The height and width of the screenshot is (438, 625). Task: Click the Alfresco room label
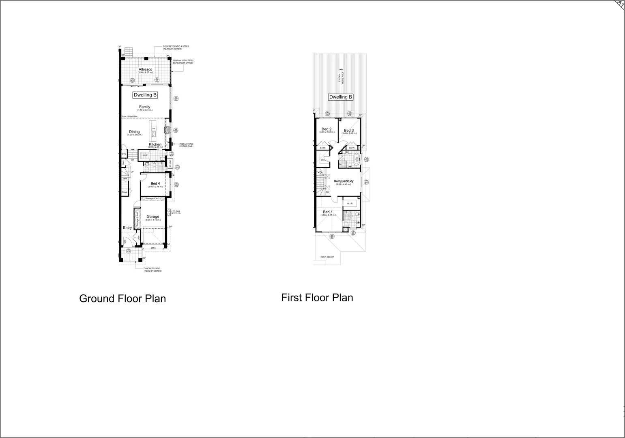tap(145, 70)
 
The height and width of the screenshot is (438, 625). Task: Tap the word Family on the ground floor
tap(144, 107)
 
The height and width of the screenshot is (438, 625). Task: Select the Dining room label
tap(134, 132)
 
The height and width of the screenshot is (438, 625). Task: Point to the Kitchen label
tap(155, 144)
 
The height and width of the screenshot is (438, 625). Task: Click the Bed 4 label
tap(155, 184)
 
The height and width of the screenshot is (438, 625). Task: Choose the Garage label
tap(153, 217)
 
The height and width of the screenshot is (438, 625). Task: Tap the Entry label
tap(127, 228)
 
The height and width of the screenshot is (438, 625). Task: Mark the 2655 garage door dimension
tap(153, 248)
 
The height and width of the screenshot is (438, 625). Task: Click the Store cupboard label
tap(125, 192)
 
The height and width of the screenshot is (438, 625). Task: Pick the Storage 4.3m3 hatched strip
tap(153, 198)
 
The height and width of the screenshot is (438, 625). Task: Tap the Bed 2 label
tap(326, 129)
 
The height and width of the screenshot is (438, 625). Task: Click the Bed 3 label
tap(349, 131)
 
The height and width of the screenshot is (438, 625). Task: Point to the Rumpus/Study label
tap(344, 181)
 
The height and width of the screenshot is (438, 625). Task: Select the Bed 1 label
tap(328, 212)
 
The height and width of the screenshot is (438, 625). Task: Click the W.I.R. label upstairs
tap(350, 203)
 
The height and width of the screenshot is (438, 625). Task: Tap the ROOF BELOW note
tap(327, 257)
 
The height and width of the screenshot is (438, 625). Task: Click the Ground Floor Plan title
tap(122, 299)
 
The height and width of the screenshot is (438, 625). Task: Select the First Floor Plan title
tap(317, 298)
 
